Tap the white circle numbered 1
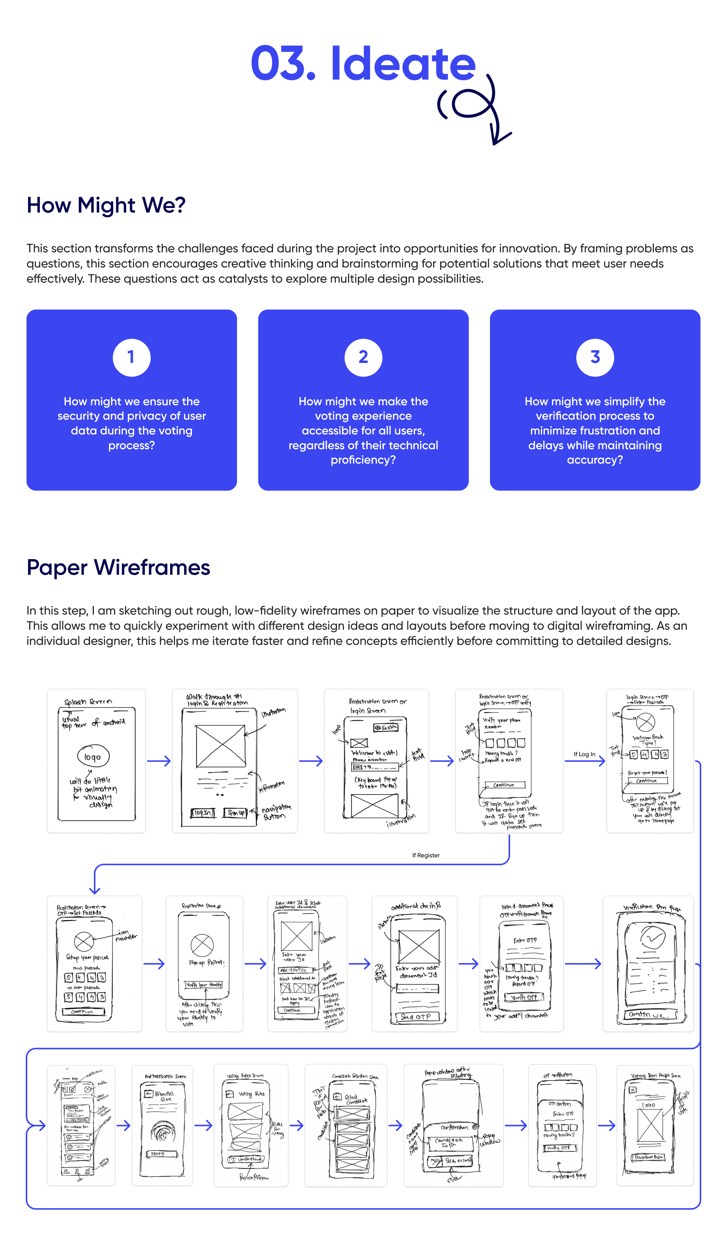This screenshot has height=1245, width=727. click(x=131, y=357)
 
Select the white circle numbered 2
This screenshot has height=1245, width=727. click(x=363, y=357)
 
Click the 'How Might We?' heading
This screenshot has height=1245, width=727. click(x=106, y=205)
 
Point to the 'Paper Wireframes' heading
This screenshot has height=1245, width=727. click(x=118, y=567)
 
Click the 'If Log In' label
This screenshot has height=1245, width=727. click(x=584, y=754)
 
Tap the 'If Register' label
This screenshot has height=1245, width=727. click(x=426, y=855)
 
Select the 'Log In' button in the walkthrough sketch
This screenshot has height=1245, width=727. click(x=203, y=813)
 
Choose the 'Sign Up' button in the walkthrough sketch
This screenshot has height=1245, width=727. click(x=236, y=813)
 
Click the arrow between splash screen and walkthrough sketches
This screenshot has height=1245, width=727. click(x=159, y=761)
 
